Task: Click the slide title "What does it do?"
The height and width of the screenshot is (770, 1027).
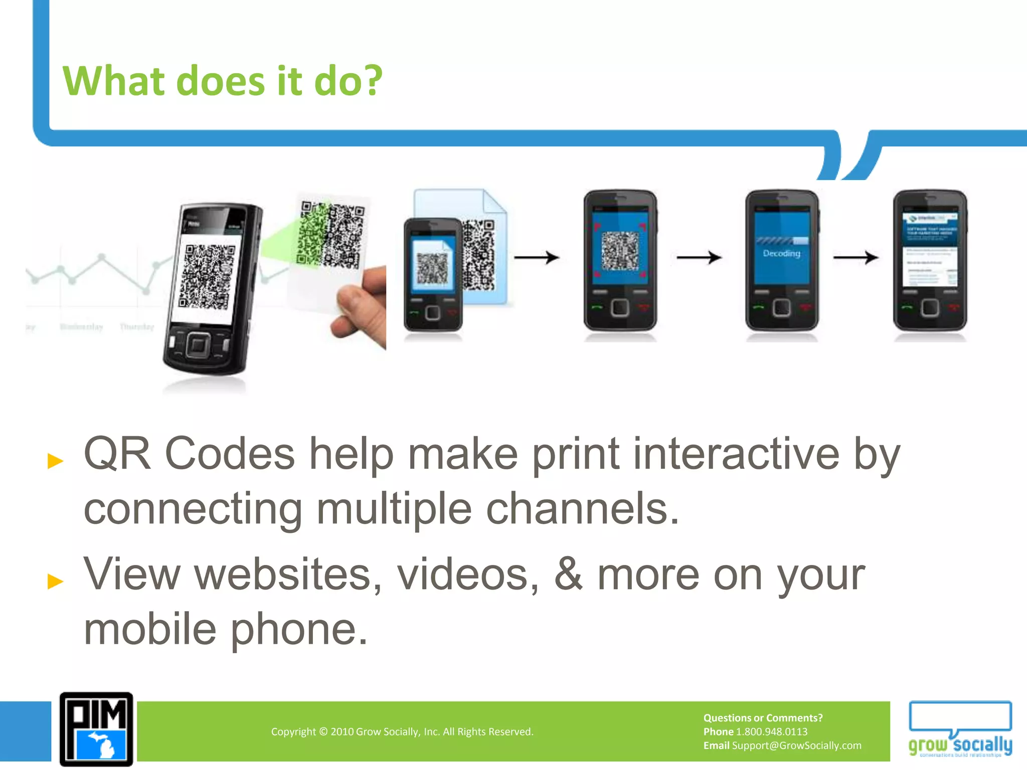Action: click(x=222, y=81)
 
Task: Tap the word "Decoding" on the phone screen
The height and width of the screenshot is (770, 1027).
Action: click(x=781, y=254)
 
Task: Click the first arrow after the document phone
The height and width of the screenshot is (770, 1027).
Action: click(x=536, y=258)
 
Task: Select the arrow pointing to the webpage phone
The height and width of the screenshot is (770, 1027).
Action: click(x=855, y=258)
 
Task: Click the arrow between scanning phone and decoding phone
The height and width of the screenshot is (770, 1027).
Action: click(x=699, y=258)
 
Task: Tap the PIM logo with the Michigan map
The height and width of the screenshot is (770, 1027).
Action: click(x=96, y=729)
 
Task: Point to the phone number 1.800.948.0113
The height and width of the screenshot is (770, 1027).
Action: click(x=771, y=732)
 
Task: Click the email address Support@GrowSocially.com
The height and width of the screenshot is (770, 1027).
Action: click(x=796, y=745)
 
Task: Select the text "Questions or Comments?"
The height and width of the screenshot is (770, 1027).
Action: click(x=763, y=718)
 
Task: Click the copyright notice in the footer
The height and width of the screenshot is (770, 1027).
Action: click(x=402, y=732)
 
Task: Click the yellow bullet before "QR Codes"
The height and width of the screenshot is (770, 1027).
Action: click(x=55, y=461)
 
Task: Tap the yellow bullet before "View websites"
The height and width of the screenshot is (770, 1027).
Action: click(x=55, y=581)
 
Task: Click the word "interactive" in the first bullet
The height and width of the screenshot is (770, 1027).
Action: click(x=736, y=454)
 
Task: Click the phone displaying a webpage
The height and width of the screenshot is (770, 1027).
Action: click(x=930, y=261)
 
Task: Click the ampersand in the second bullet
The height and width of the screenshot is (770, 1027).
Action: click(x=568, y=574)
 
